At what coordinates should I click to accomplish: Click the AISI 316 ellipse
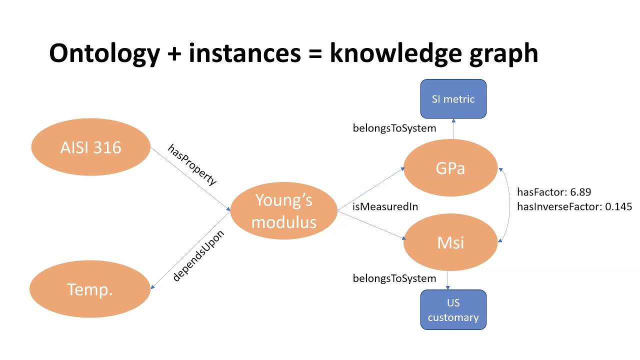90,147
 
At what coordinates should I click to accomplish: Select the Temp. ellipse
90,289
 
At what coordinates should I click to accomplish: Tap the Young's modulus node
283,210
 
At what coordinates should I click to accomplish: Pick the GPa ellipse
450,168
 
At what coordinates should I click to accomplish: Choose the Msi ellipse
450,242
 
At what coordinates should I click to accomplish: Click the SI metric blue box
453,99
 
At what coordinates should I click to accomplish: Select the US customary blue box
453,310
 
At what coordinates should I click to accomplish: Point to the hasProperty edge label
192,164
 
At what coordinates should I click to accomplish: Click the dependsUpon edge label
198,255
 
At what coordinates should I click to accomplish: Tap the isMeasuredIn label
385,206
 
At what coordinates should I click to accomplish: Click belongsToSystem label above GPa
394,128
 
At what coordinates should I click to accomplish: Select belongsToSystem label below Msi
394,278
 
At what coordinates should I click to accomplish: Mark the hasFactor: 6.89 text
554,192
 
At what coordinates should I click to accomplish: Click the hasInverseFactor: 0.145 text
574,206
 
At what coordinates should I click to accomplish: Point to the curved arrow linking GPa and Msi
509,205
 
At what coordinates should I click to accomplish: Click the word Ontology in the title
103,53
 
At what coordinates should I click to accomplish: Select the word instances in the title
244,53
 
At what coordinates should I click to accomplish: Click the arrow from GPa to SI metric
453,129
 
